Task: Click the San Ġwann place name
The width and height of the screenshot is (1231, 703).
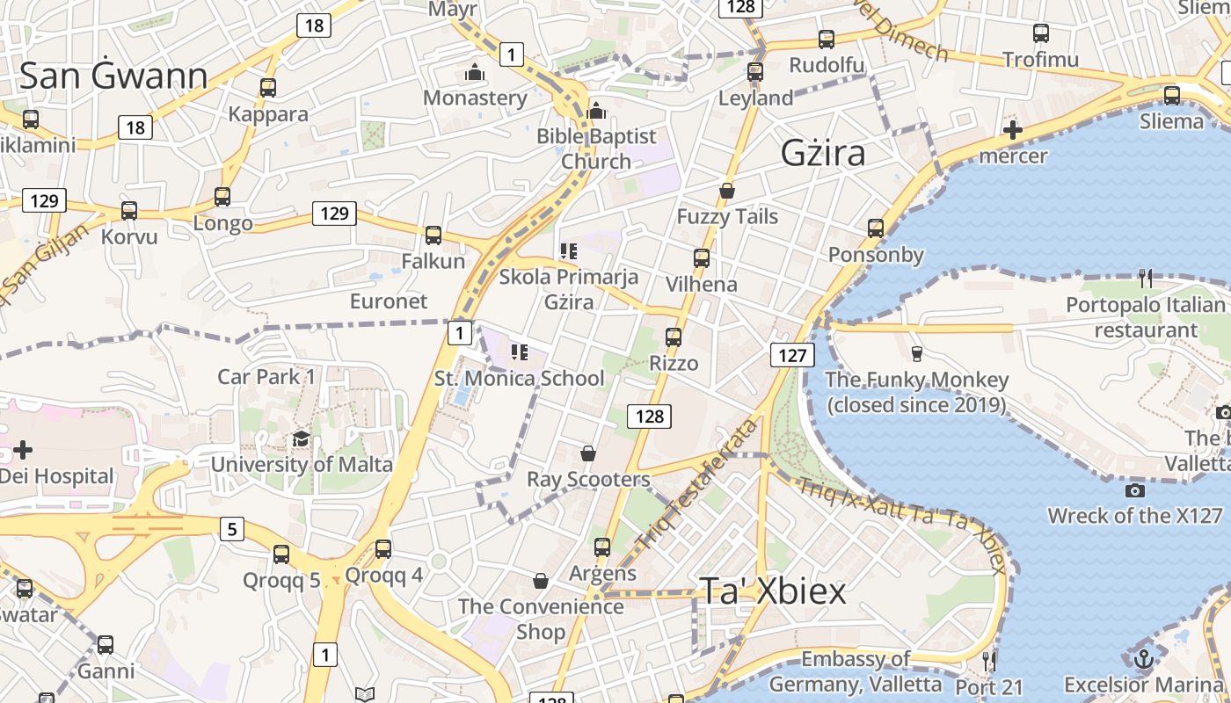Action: pyautogui.click(x=113, y=76)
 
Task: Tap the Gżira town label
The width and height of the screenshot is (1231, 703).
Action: pyautogui.click(x=823, y=154)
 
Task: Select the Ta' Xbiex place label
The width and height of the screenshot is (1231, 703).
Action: pyautogui.click(x=773, y=591)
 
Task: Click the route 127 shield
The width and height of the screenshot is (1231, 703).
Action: pyautogui.click(x=792, y=355)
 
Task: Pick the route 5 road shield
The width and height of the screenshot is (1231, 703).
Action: pyautogui.click(x=231, y=529)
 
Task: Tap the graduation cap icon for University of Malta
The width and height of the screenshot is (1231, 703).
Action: pyautogui.click(x=302, y=439)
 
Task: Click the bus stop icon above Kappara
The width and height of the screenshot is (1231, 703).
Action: pyautogui.click(x=268, y=88)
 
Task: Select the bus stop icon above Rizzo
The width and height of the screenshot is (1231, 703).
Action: pyautogui.click(x=674, y=337)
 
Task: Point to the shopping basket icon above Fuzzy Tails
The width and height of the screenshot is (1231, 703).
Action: pyautogui.click(x=727, y=191)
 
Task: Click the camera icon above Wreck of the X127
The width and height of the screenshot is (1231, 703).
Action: pyautogui.click(x=1135, y=490)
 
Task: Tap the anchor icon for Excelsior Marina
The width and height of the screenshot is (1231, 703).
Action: pyautogui.click(x=1142, y=658)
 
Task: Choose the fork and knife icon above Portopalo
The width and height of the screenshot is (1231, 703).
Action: pyautogui.click(x=1145, y=279)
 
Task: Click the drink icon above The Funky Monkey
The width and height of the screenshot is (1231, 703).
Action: pyautogui.click(x=917, y=354)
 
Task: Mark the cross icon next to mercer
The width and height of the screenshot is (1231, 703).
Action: pyautogui.click(x=1013, y=131)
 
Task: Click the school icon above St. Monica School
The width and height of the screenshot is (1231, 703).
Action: pyautogui.click(x=520, y=352)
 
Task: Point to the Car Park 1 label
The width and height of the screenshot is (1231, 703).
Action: pyautogui.click(x=266, y=377)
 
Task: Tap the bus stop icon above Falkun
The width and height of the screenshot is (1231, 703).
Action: pyautogui.click(x=433, y=236)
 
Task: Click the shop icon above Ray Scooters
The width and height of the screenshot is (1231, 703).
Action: pyautogui.click(x=588, y=453)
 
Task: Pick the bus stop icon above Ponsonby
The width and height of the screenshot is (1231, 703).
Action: pyautogui.click(x=876, y=228)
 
